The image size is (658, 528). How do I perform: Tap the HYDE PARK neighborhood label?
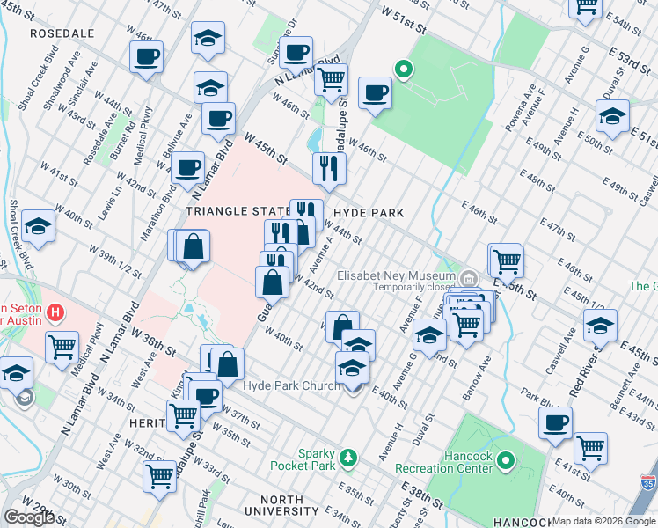(369, 213)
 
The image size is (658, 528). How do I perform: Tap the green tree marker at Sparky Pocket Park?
(349, 457)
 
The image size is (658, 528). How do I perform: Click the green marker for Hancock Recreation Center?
(506, 459)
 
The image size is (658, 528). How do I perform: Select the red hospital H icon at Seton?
(56, 312)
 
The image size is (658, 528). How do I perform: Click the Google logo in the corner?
(29, 517)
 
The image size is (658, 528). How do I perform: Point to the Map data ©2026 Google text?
(603, 521)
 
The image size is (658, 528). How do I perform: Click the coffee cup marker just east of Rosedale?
(147, 58)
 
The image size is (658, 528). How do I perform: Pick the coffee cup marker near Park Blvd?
(555, 422)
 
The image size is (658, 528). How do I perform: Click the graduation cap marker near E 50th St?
(612, 115)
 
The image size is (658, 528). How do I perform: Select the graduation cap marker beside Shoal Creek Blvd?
(39, 227)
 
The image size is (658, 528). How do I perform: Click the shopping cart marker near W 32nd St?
(159, 476)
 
